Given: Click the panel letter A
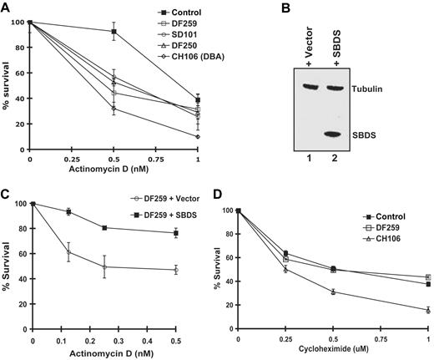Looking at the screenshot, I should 6,8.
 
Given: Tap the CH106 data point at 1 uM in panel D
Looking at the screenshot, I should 427,310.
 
